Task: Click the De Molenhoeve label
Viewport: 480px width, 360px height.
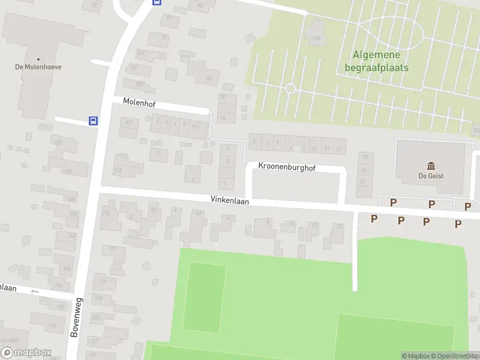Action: (x=38, y=67)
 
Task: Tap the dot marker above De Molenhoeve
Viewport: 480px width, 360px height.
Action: (x=38, y=59)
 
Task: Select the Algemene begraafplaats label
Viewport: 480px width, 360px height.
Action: (x=377, y=61)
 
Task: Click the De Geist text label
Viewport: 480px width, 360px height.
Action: (x=430, y=176)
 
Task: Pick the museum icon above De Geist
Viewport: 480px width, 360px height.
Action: (x=430, y=166)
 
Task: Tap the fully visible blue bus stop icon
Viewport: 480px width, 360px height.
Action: (x=94, y=121)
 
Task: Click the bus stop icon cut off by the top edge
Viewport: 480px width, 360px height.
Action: (x=157, y=2)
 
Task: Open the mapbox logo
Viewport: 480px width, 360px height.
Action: (x=26, y=353)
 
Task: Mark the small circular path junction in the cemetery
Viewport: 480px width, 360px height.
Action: (x=290, y=89)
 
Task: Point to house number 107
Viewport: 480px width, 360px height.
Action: (x=128, y=122)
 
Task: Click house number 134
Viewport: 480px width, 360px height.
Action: (x=68, y=171)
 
